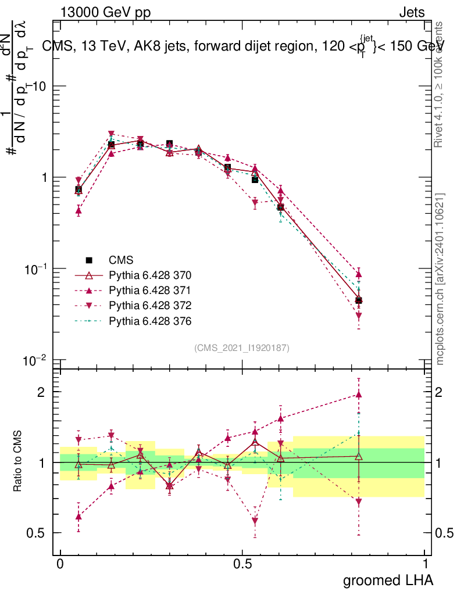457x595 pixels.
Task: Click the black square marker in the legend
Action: coord(89,260)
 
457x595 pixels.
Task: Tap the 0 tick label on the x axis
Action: coord(60,564)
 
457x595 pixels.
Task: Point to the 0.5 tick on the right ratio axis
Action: coord(442,533)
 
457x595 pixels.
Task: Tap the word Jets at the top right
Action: coord(411,12)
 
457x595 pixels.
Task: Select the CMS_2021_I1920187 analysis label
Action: coord(241,347)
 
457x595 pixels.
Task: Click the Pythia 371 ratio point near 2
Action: coord(359,395)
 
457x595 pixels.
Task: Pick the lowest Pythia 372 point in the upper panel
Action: coord(359,316)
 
